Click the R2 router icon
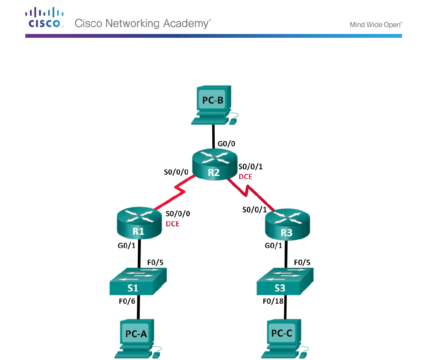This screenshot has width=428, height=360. pos(214,164)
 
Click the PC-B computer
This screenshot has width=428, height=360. pos(213,105)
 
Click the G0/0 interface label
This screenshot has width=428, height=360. pos(226,143)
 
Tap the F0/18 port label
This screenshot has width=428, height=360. pos(273,301)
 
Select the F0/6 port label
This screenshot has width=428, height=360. pos(127,301)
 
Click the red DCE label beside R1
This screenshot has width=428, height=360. pos(172,224)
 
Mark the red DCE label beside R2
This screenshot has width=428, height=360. pos(245,177)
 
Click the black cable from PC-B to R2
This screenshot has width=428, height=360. pos(213,136)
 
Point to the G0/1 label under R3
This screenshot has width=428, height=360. pos(273,246)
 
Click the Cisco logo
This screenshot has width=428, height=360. pos(44,18)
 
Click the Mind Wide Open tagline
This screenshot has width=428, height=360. pos(375,25)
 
